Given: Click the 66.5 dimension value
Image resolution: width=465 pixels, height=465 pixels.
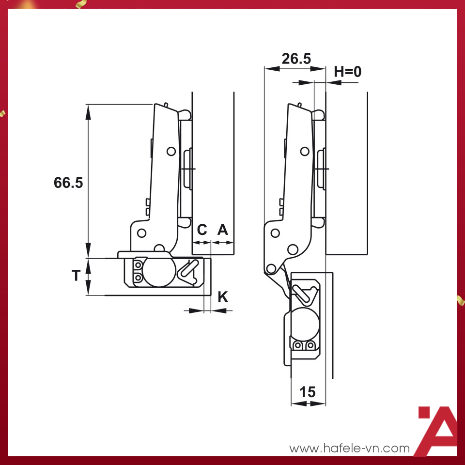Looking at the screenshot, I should (x=69, y=183).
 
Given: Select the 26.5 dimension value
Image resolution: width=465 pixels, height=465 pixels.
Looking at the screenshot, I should (x=296, y=59).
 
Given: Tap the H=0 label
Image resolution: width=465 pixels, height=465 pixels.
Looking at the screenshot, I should (x=348, y=72).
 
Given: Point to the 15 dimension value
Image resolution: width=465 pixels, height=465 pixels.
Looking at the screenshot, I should (x=307, y=392).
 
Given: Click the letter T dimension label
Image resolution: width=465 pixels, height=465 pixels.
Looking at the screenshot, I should (x=76, y=276).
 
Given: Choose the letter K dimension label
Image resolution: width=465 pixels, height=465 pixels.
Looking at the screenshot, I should (x=222, y=296).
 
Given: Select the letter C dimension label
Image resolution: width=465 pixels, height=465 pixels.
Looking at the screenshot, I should (x=202, y=230).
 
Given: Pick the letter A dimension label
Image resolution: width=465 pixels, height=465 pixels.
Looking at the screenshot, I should (x=222, y=230).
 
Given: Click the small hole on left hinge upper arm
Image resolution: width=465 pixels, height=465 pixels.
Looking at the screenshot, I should (x=170, y=151).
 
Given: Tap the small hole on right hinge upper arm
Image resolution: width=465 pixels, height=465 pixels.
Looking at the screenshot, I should (x=305, y=151).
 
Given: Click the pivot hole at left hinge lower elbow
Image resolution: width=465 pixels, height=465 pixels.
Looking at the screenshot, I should (x=141, y=233).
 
